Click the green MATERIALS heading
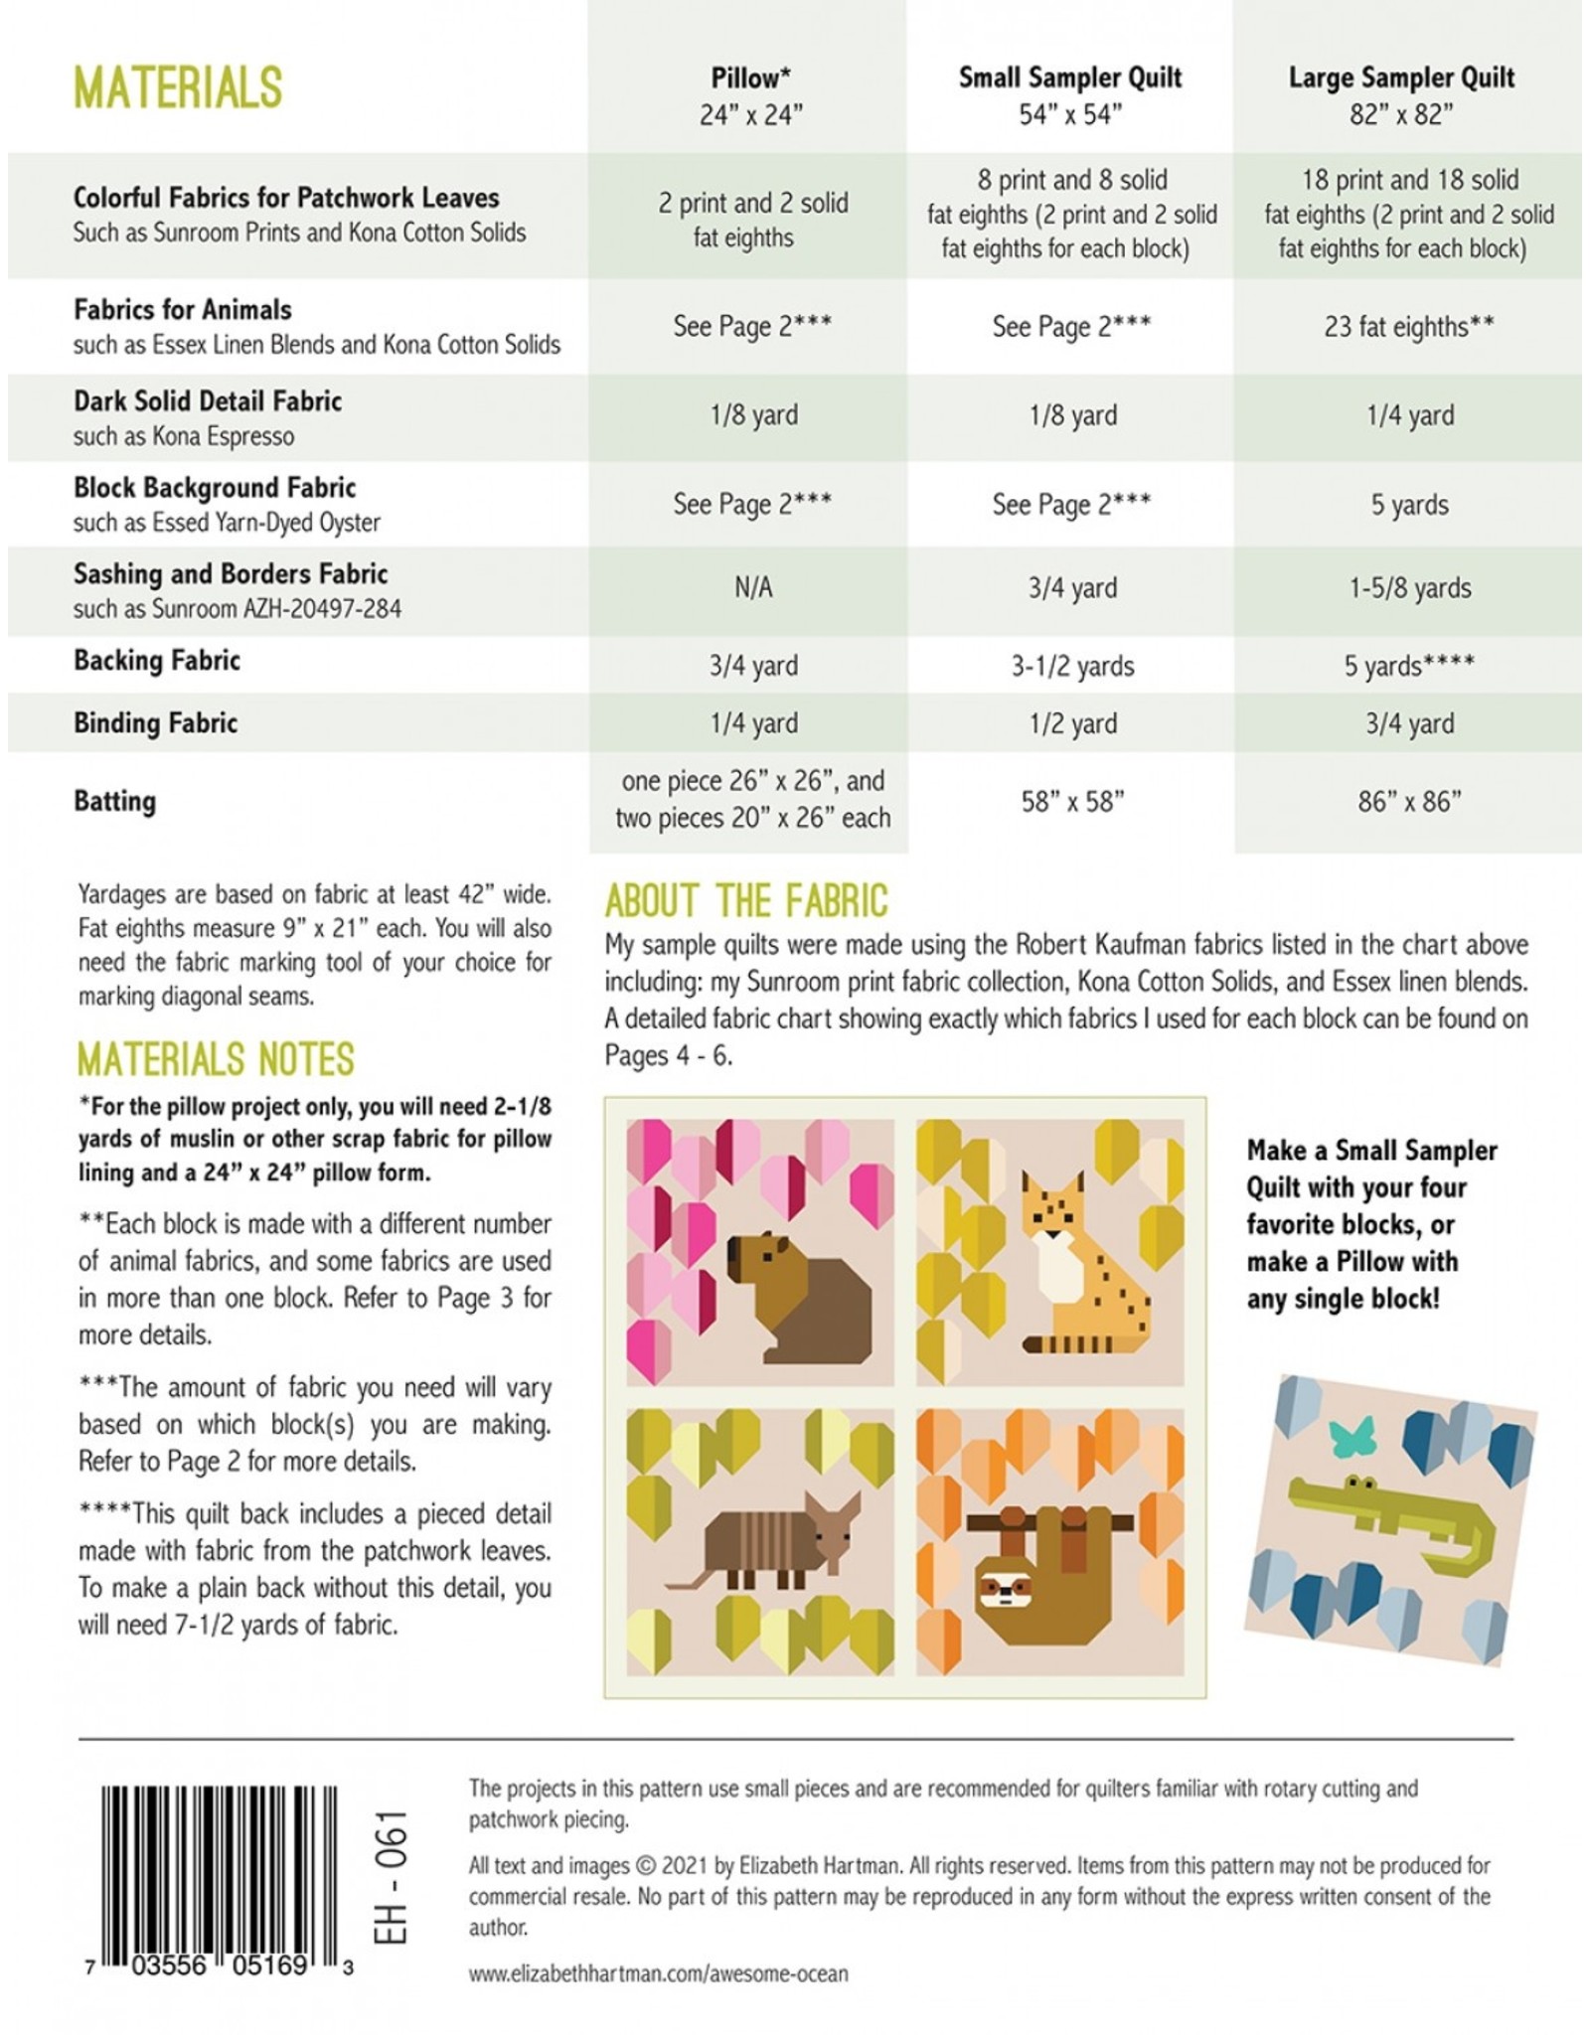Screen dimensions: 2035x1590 coord(178,87)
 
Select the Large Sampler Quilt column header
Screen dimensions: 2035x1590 coord(1401,95)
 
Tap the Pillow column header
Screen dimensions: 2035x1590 coord(750,95)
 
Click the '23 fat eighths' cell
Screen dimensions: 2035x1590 coord(1408,327)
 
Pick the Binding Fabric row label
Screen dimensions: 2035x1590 coord(155,722)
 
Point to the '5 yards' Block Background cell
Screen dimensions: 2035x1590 coord(1409,505)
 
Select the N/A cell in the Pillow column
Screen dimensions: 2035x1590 coord(752,588)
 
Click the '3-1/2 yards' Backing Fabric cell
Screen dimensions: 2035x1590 coord(1072,666)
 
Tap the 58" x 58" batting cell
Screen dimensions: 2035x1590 coord(1072,802)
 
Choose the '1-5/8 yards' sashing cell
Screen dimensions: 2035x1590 coord(1409,588)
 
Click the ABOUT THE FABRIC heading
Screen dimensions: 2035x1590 coord(745,901)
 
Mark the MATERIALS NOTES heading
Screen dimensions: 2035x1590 coord(216,1059)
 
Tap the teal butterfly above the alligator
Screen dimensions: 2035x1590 coord(1356,1433)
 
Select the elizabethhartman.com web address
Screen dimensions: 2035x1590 coord(658,1973)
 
